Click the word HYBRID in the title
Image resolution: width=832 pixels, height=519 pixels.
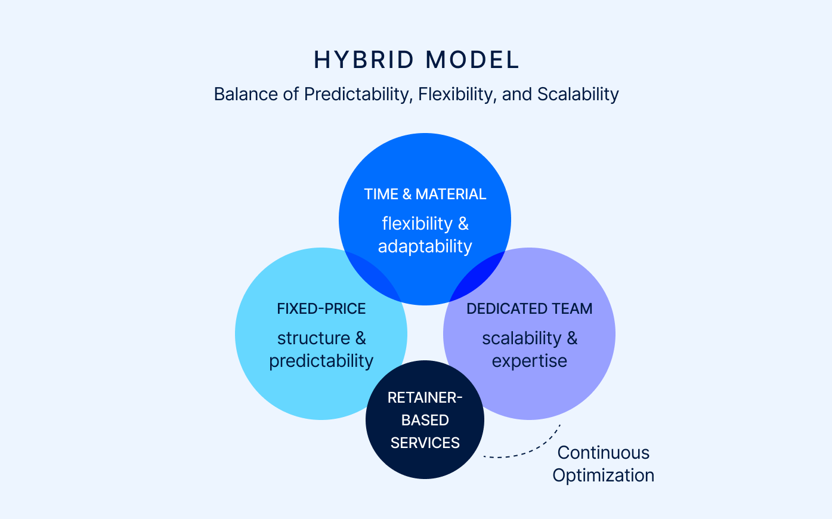click(x=364, y=60)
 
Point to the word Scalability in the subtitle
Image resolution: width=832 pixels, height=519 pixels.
click(x=578, y=94)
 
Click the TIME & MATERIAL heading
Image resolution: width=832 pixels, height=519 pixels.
click(x=425, y=194)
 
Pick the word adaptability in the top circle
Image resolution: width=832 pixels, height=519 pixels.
click(x=425, y=246)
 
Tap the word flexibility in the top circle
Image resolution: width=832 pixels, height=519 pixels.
click(x=417, y=224)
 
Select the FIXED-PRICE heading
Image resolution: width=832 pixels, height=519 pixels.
click(x=321, y=309)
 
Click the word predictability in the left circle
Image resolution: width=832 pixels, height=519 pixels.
click(x=321, y=361)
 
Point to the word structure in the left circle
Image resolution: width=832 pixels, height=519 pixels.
click(x=313, y=338)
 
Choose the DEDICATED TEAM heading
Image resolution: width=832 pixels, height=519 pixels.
click(x=529, y=309)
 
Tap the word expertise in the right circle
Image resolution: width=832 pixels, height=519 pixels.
click(x=529, y=361)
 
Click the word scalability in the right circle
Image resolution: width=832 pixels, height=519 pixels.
click(x=521, y=338)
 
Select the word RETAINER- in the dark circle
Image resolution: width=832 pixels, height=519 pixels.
click(x=425, y=398)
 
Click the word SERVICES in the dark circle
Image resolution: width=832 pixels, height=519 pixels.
click(x=425, y=443)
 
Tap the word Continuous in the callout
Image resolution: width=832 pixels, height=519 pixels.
click(x=603, y=453)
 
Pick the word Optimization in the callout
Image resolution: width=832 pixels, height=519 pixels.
click(x=603, y=475)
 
